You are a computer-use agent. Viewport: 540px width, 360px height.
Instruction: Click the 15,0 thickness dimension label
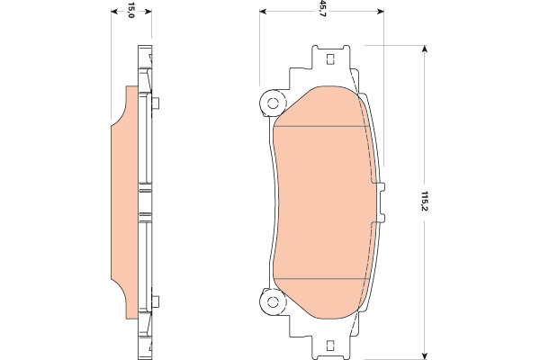tap(130, 10)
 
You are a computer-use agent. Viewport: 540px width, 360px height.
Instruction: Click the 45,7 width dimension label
tap(322, 9)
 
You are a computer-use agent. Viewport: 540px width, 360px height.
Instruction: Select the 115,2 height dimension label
tap(424, 202)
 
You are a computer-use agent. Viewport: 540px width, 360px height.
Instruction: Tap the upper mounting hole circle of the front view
tap(273, 103)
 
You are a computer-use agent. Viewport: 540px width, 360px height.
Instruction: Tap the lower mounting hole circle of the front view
tap(273, 302)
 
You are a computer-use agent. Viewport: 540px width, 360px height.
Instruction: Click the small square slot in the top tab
tap(330, 59)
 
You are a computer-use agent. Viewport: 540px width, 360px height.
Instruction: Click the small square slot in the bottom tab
tap(330, 346)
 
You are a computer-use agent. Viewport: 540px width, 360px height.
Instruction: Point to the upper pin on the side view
tap(156, 103)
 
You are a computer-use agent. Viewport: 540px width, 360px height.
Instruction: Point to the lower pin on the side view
tap(156, 301)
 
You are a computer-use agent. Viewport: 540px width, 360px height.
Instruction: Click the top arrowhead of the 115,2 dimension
tap(425, 49)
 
